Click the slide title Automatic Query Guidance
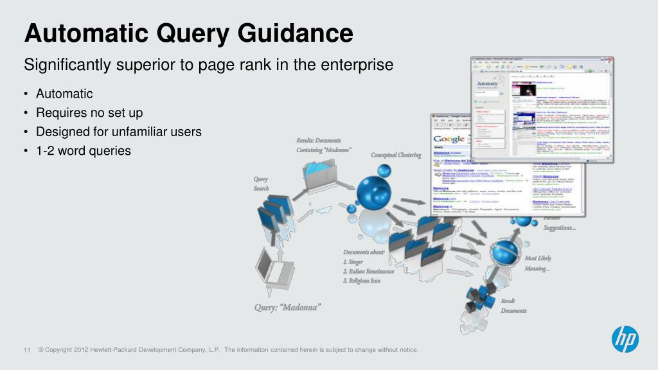(x=188, y=33)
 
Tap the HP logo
(x=625, y=339)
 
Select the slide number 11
(x=27, y=350)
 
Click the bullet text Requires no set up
(x=89, y=113)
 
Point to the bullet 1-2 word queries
(x=84, y=151)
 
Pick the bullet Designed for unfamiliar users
(x=119, y=132)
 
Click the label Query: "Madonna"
(x=287, y=307)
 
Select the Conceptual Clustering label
(x=396, y=155)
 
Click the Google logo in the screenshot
(x=449, y=139)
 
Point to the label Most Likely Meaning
(x=538, y=263)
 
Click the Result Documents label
(x=513, y=306)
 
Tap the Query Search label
(x=261, y=184)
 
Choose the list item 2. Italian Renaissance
(x=368, y=272)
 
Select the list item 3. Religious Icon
(x=361, y=281)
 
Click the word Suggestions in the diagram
(x=560, y=228)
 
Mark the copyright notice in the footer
(x=228, y=350)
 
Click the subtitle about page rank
(x=208, y=66)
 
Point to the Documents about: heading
(x=364, y=252)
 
